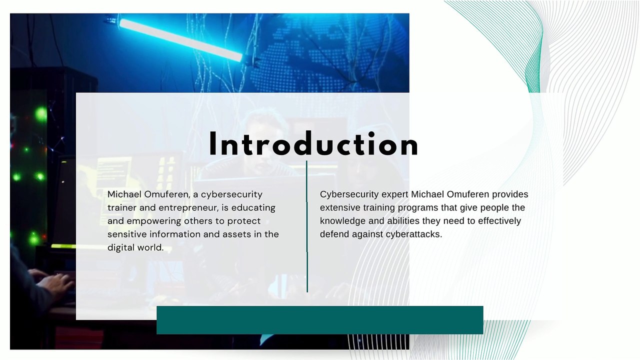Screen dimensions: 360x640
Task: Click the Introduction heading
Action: pos(313,145)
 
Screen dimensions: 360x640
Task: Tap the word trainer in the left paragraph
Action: pos(122,207)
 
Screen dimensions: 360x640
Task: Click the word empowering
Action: pos(153,221)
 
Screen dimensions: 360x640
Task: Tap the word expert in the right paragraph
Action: pos(395,194)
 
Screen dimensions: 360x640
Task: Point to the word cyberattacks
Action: pos(413,234)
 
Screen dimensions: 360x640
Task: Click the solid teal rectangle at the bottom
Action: pos(319,320)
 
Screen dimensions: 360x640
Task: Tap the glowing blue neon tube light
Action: pos(180,40)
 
